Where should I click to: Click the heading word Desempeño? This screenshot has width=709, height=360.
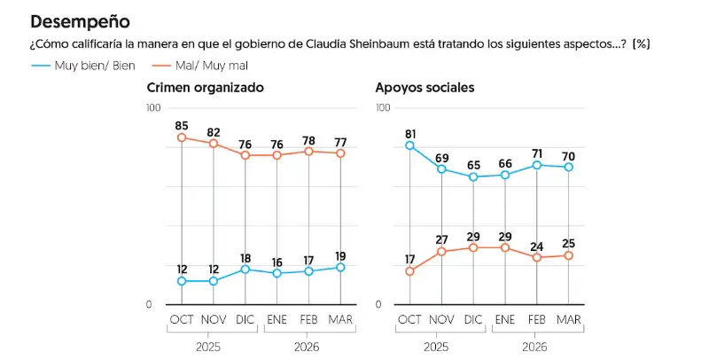coord(80,20)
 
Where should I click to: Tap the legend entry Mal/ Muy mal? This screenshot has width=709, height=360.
coord(212,66)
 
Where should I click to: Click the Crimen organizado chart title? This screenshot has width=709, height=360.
coord(206,88)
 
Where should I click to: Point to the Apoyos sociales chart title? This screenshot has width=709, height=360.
coord(425,88)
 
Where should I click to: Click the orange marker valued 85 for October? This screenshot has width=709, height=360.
coord(182,137)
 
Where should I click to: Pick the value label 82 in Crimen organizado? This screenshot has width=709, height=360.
coord(213,133)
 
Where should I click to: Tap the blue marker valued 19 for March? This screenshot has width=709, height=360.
coord(340,267)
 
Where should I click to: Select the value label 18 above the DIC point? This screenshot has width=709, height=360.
coord(245,258)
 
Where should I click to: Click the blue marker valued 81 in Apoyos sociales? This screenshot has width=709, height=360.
coord(409,145)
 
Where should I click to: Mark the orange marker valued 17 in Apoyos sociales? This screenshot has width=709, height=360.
coord(409,271)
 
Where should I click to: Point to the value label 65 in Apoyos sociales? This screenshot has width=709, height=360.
coord(473,166)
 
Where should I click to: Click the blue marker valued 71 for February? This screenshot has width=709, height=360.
coord(536,165)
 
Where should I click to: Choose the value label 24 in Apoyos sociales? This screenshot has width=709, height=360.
coord(536,247)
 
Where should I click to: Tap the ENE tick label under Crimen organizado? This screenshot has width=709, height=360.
coord(277,319)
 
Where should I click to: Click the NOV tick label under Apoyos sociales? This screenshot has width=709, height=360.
coord(441,319)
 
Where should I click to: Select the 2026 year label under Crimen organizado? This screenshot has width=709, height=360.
coord(308,347)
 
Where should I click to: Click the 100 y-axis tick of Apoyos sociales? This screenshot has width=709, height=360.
coord(383,107)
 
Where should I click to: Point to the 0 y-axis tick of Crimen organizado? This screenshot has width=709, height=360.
coord(149,304)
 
